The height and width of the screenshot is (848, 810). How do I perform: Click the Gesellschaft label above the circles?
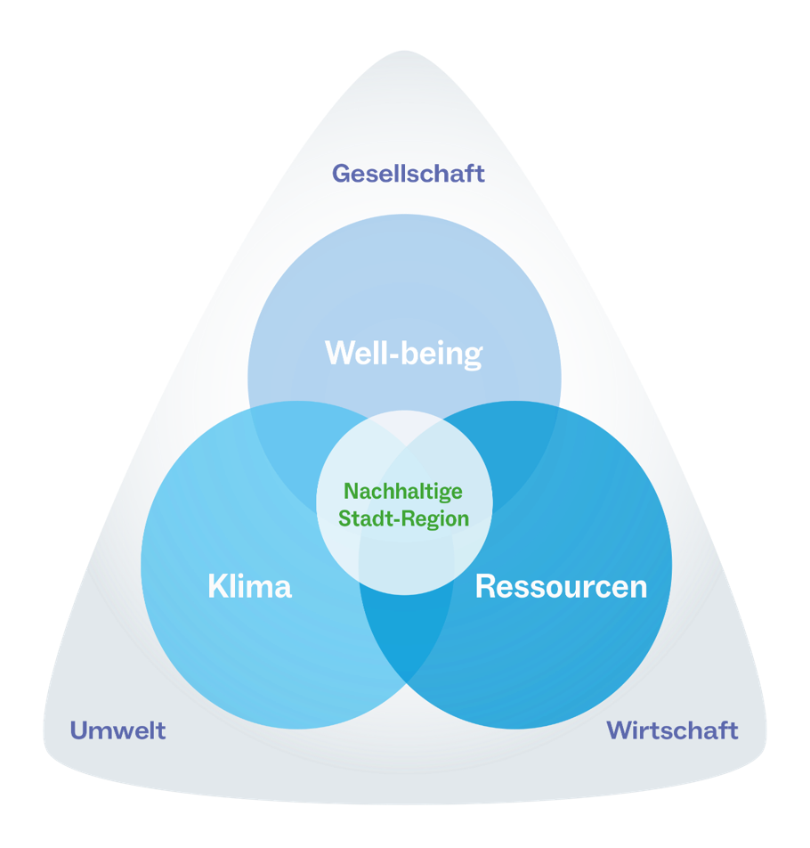pos(409,173)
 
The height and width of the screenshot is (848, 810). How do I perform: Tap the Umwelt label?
pos(118,731)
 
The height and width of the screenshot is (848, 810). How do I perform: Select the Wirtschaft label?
pos(672,731)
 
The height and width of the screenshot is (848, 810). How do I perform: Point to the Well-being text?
pos(403,354)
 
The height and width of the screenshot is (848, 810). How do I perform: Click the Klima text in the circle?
pos(249,587)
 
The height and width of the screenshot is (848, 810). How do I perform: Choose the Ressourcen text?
pos(561,587)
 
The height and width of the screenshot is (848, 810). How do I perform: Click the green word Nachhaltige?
pos(403,492)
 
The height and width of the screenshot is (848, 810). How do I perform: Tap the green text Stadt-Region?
pos(403,518)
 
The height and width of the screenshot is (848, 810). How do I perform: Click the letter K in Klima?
pos(216,587)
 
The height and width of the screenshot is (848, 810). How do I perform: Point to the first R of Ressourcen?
pos(485,587)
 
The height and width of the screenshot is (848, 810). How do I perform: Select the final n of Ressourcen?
pos(637,589)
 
